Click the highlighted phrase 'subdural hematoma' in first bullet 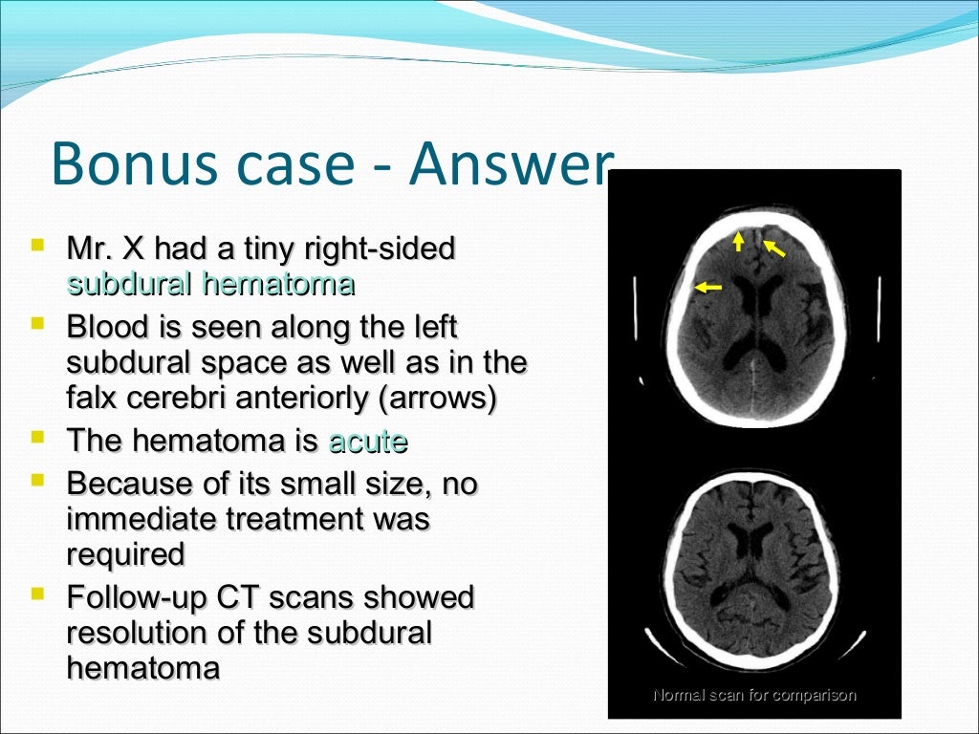(x=210, y=284)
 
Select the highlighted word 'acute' (x=367, y=442)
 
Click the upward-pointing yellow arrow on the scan (x=738, y=240)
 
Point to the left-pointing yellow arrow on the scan (x=708, y=286)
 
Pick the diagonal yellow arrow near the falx (x=773, y=248)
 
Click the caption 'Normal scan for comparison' (x=753, y=695)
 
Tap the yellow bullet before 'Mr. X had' (x=37, y=246)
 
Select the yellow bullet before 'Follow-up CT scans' (x=37, y=594)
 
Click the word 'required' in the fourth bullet (x=125, y=553)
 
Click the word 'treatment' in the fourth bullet (x=294, y=519)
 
